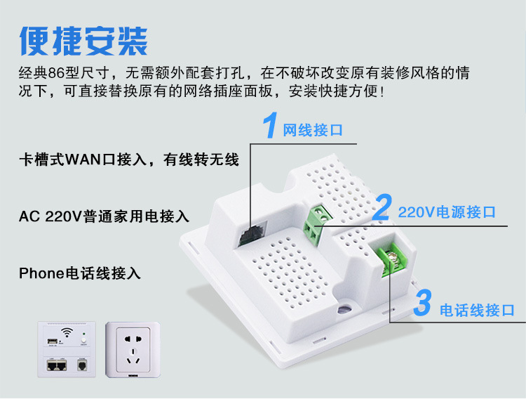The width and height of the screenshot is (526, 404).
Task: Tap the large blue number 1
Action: pos(269,126)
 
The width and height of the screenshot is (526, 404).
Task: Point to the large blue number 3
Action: pos(422,304)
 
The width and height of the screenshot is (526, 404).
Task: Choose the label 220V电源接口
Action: pos(447,211)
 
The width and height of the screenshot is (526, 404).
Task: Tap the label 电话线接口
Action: pos(477,310)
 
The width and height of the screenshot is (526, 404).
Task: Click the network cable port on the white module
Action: pos(246,233)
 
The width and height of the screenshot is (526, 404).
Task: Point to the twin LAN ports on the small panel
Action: pos(57,366)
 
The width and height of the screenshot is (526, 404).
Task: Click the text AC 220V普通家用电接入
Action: pos(104,216)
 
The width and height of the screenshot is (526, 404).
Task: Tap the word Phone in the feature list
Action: pos(41,273)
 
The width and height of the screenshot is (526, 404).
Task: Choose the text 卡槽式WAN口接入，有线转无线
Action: pos(129,160)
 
